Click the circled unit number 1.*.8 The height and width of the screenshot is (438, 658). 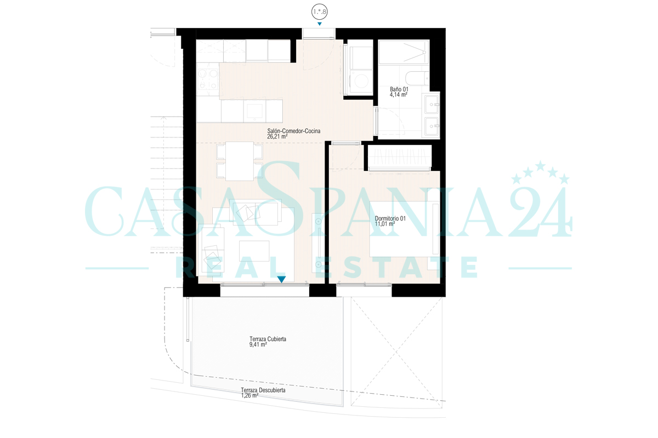coord(319,11)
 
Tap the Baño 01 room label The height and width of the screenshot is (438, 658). coord(399,89)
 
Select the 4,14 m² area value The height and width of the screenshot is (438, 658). coord(398,95)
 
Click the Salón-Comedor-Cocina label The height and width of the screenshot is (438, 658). coord(293,131)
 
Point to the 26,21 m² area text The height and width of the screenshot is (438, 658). coord(277,136)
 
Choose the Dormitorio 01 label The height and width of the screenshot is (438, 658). coord(390,218)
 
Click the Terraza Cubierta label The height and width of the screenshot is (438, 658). coord(268,339)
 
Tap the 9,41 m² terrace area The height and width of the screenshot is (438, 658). coord(258,344)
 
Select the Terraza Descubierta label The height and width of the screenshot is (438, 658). coord(263,390)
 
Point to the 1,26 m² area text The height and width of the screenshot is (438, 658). coord(249,395)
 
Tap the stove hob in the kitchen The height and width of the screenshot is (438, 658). coord(208,79)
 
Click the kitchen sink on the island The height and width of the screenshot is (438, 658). coord(254,111)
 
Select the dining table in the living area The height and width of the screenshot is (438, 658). coord(240,161)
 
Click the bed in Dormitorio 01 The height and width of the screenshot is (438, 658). coord(404,229)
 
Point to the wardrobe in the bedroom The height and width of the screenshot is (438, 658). coord(400,158)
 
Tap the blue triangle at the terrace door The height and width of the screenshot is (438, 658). coord(281,279)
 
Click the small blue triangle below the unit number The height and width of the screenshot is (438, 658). coord(319,24)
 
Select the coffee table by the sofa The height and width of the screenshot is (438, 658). coord(254,251)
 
